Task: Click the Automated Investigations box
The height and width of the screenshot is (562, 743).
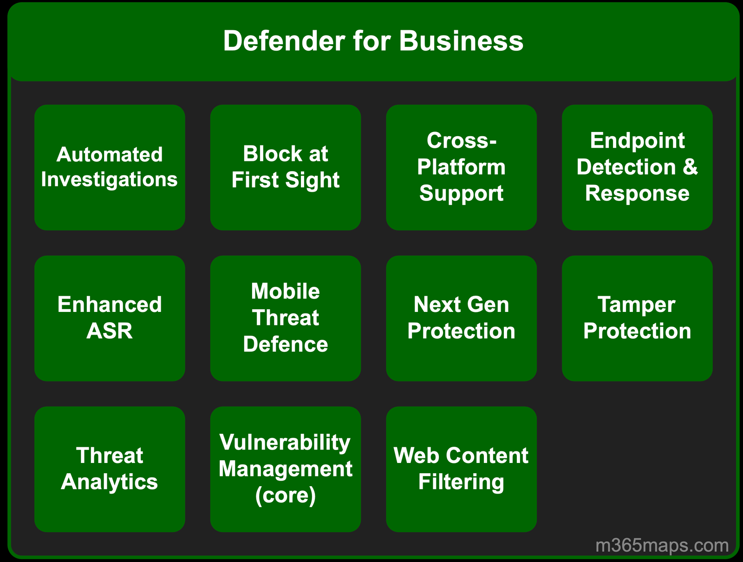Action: pyautogui.click(x=110, y=167)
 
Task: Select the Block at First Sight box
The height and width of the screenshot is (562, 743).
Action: pyautogui.click(x=286, y=167)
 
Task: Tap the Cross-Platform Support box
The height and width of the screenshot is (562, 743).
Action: pyautogui.click(x=461, y=167)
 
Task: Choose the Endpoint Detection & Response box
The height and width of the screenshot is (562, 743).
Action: pyautogui.click(x=637, y=167)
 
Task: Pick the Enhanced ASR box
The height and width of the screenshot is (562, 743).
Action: pyautogui.click(x=110, y=318)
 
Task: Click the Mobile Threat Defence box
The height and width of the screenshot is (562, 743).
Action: pyautogui.click(x=286, y=318)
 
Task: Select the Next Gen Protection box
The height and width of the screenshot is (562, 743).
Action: pyautogui.click(x=461, y=318)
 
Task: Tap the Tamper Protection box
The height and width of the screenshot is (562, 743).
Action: pyautogui.click(x=637, y=318)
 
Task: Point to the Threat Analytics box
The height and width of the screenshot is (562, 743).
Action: pyautogui.click(x=110, y=469)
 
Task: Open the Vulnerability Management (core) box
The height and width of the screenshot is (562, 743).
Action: pyautogui.click(x=286, y=469)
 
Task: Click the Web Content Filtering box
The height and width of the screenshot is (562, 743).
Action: pyautogui.click(x=461, y=469)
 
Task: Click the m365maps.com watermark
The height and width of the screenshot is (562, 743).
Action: pyautogui.click(x=662, y=545)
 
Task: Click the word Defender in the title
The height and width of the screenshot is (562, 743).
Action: pyautogui.click(x=284, y=41)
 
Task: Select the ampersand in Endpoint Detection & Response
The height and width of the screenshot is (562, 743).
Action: pyautogui.click(x=691, y=167)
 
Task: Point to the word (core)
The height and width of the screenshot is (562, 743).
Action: pyautogui.click(x=286, y=496)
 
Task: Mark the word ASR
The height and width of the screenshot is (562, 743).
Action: pyautogui.click(x=110, y=331)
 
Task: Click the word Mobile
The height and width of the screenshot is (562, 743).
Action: pyautogui.click(x=286, y=291)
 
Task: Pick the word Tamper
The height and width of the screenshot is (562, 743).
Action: pyautogui.click(x=636, y=305)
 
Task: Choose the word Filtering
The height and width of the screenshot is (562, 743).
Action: pyautogui.click(x=461, y=482)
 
